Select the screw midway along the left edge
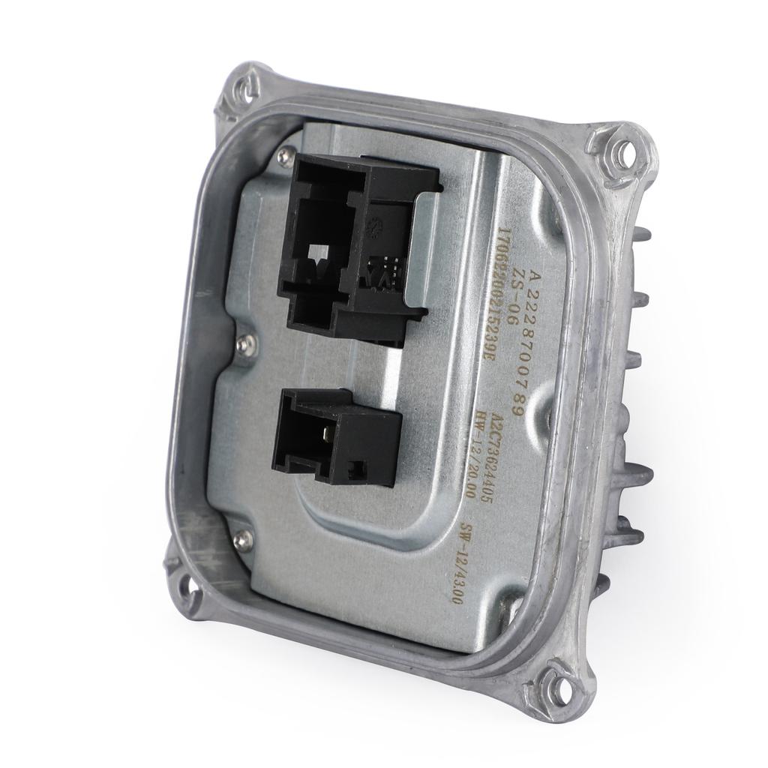pyautogui.click(x=245, y=344)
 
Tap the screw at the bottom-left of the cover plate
pyautogui.click(x=241, y=538)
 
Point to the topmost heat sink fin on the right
pyautogui.click(x=642, y=235)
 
